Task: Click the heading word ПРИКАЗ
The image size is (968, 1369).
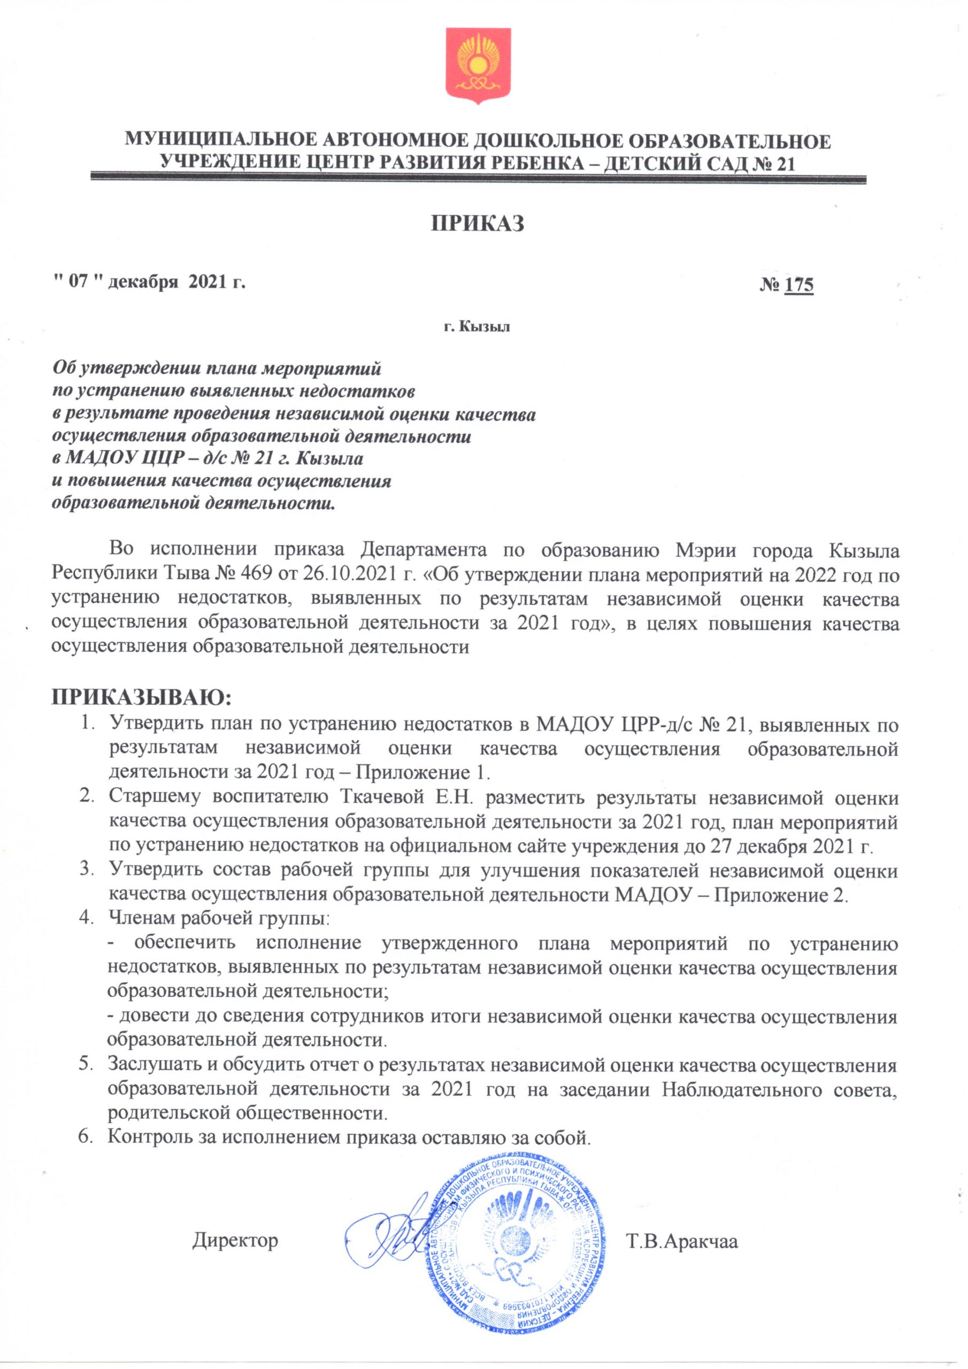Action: pos(478,222)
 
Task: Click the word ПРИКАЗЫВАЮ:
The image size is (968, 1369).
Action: pos(141,696)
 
